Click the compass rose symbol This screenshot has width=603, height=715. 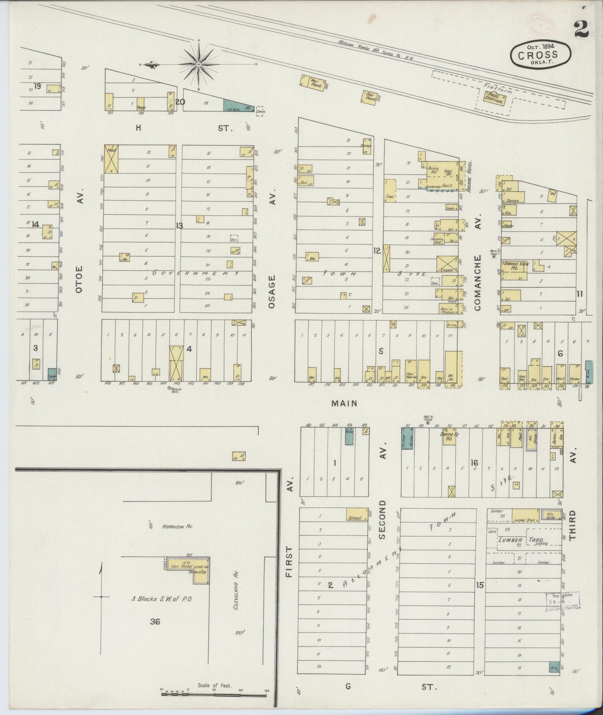(199, 65)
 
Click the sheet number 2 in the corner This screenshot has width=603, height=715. (580, 30)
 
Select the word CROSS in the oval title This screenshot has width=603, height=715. (538, 55)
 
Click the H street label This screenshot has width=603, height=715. (138, 128)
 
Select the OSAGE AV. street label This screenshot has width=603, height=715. (272, 292)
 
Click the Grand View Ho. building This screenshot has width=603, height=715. (514, 269)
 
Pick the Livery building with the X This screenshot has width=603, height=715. (447, 264)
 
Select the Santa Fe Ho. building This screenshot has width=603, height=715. (449, 436)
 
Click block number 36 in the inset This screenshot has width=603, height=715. (155, 622)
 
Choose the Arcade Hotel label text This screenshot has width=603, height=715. (469, 176)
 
